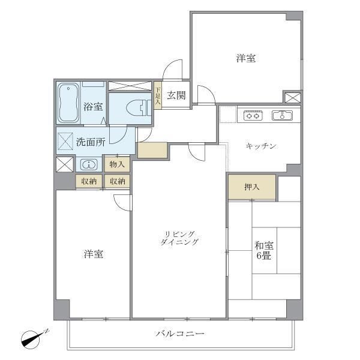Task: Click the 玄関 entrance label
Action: [176, 94]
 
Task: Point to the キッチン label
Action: [261, 146]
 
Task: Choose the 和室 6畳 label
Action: [264, 250]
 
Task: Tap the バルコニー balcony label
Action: [180, 334]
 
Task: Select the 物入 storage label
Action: [117, 164]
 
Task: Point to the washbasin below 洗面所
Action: [89, 164]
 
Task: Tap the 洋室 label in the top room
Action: [246, 58]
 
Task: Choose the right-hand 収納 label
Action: [117, 181]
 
